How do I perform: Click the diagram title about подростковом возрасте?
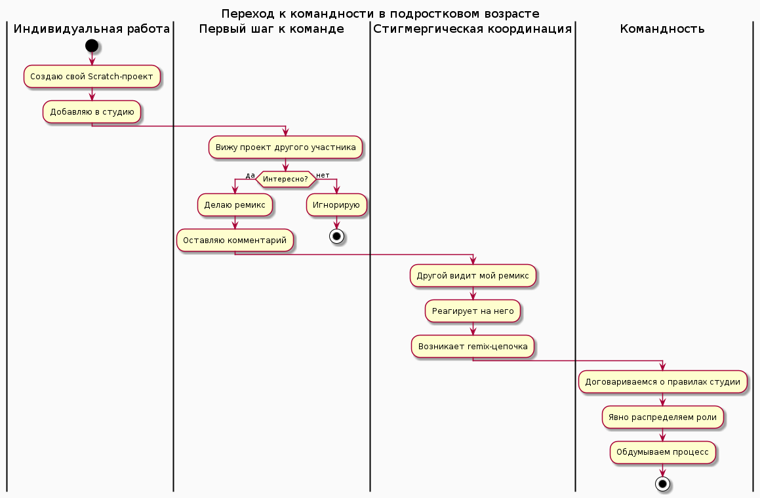pos(380,13)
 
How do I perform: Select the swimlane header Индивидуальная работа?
pos(92,29)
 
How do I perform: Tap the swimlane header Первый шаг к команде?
pos(271,29)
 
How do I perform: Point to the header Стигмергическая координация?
pos(472,29)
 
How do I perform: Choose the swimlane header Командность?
pos(662,29)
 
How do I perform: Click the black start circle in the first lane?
pos(92,46)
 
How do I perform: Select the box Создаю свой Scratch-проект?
pos(92,77)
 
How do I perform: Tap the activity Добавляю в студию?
pos(92,111)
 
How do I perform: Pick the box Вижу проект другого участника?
pos(285,147)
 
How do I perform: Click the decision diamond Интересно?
pos(285,179)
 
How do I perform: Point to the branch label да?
pos(250,175)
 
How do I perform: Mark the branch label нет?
pos(323,175)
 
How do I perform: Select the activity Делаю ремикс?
pos(235,205)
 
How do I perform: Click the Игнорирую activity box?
pos(336,205)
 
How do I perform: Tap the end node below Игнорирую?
pos(336,236)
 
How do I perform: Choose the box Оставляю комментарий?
pos(235,240)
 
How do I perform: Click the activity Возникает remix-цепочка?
pos(473,347)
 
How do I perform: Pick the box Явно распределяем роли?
pos(663,417)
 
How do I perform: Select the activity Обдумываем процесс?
pos(663,452)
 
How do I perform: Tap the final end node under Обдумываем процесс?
pos(663,484)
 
